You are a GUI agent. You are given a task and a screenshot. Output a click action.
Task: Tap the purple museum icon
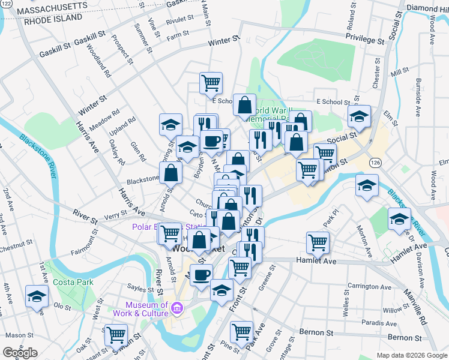click(176, 309)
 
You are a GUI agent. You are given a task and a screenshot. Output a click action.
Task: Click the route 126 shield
click(376, 163)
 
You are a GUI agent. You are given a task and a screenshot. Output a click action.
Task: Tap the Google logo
click(20, 353)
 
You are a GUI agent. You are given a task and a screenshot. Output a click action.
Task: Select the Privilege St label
click(364, 40)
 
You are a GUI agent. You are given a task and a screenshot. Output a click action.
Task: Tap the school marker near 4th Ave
click(37, 296)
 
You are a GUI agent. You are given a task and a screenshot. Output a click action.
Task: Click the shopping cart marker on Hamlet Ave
click(318, 242)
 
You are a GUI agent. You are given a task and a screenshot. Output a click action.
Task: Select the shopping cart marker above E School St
click(211, 82)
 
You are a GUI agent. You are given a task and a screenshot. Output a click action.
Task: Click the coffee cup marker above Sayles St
click(201, 274)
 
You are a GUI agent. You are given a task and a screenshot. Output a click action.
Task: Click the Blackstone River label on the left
click(40, 154)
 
